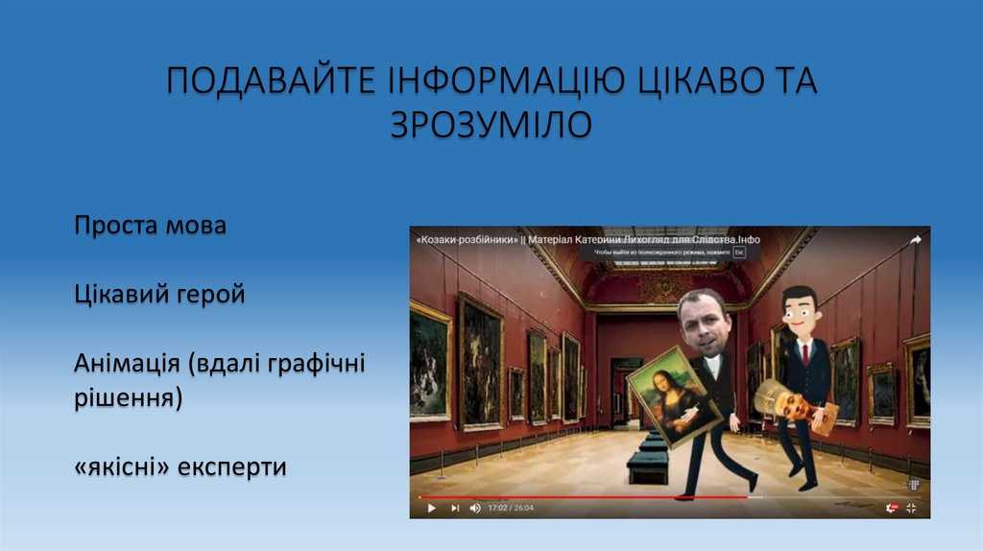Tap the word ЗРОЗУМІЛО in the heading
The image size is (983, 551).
(x=491, y=125)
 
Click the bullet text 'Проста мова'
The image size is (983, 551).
(x=151, y=227)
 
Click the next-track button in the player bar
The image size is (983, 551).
(x=455, y=508)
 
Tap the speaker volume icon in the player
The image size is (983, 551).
(x=475, y=508)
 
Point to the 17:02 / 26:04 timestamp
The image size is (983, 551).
(x=511, y=508)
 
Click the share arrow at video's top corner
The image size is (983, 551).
(x=915, y=240)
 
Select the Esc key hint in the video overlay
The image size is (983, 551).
(x=739, y=252)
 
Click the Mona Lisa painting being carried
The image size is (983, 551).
(x=674, y=395)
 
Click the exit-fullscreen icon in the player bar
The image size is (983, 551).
(x=911, y=508)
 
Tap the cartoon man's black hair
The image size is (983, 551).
(x=799, y=296)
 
